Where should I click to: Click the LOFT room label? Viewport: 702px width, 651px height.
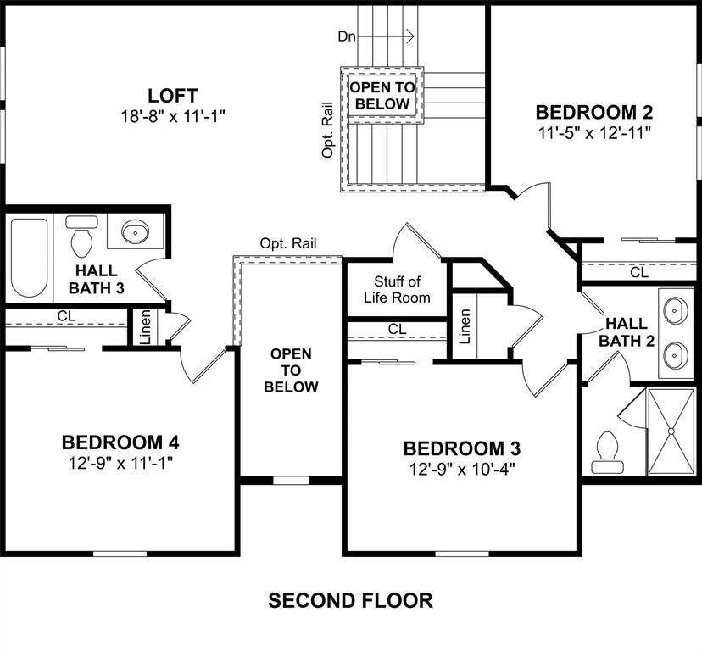click(173, 94)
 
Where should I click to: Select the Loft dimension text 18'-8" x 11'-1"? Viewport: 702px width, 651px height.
click(173, 115)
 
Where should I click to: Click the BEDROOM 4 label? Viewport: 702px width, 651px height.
click(120, 442)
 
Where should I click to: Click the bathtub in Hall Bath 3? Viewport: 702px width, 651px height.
click(30, 258)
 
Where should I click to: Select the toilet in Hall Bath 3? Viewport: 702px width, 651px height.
click(82, 237)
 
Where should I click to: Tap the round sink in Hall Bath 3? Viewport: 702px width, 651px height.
click(135, 231)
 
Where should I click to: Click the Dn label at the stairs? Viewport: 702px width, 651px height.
click(346, 36)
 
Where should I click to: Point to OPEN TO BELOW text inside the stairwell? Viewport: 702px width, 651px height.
click(382, 96)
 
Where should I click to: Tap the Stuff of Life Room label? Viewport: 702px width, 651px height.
click(397, 289)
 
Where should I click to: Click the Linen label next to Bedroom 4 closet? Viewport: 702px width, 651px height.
click(145, 326)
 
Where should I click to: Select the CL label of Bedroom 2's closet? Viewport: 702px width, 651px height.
click(638, 273)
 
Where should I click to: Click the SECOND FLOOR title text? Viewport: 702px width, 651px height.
click(350, 601)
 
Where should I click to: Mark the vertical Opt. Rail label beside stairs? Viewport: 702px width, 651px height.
click(328, 132)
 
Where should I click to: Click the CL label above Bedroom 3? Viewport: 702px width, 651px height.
click(397, 329)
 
